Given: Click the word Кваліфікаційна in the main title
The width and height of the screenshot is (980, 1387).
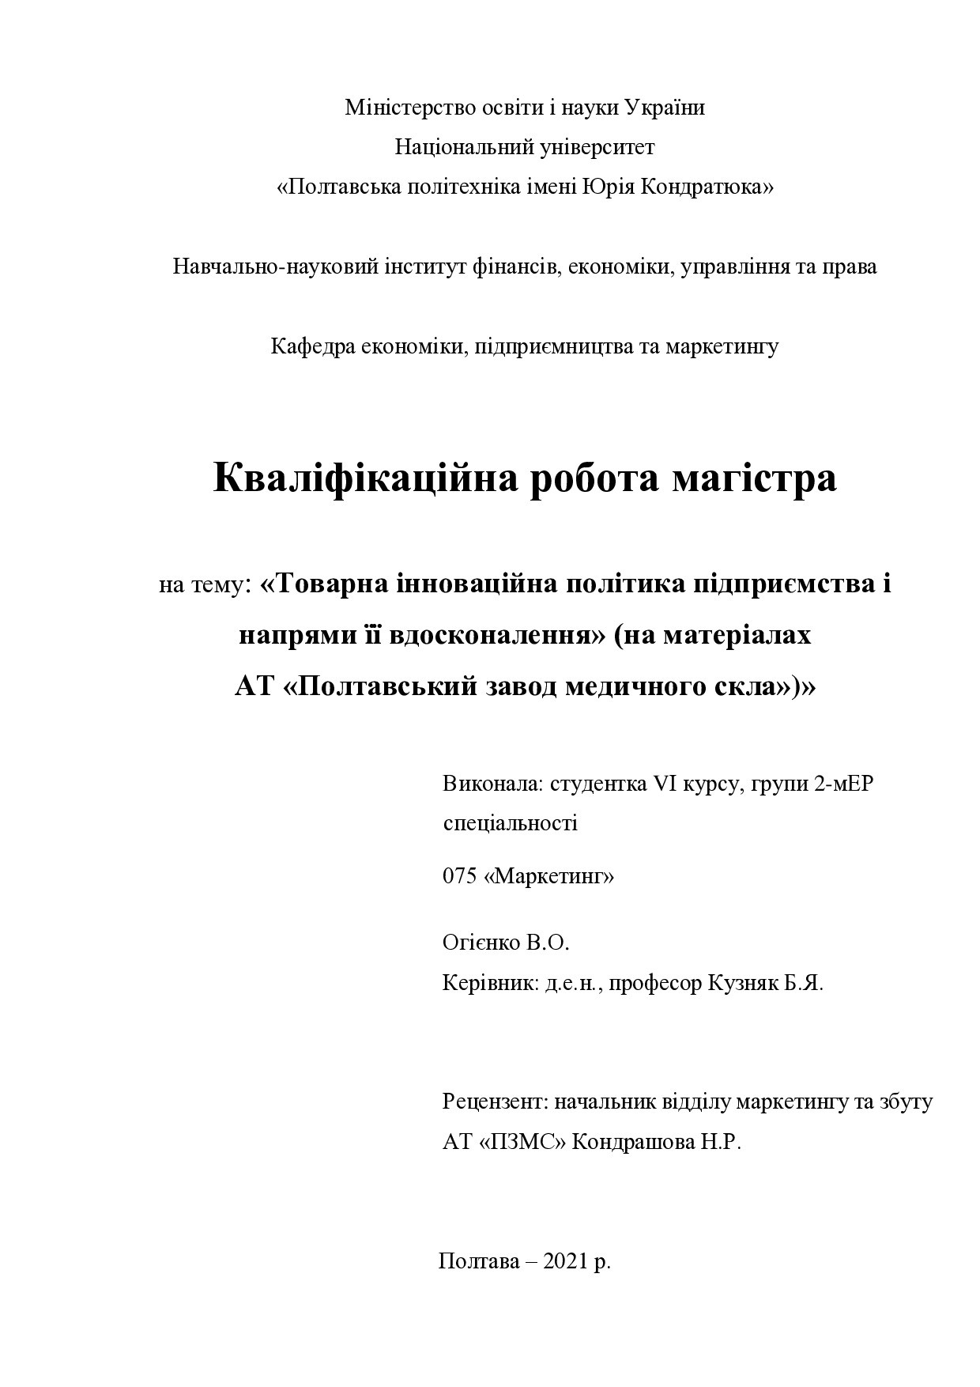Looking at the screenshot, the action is click(x=364, y=478).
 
